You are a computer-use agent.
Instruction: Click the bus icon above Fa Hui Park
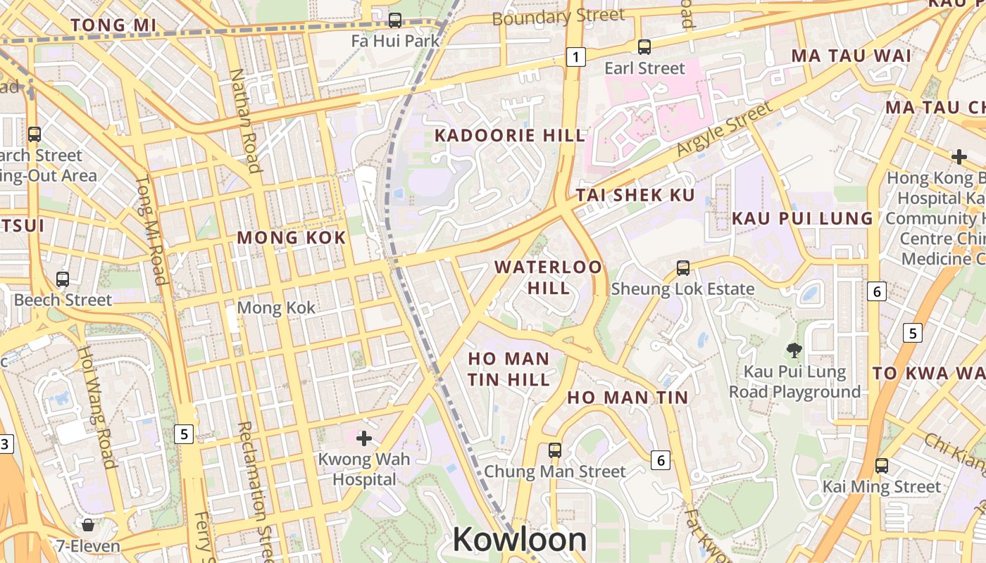point(395,20)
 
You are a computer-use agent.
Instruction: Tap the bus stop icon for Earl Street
point(644,47)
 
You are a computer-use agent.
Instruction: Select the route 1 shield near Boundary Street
point(576,57)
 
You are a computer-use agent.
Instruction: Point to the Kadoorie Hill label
point(509,135)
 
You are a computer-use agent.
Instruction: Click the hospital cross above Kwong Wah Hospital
point(364,439)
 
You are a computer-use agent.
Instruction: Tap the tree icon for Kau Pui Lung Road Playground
point(794,350)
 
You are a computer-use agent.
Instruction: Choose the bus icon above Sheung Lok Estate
point(682,268)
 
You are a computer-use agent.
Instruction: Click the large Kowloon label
point(520,540)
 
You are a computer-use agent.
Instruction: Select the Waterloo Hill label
point(549,277)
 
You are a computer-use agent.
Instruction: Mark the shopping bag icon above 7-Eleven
point(88,525)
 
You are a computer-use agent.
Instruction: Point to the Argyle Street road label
point(723,129)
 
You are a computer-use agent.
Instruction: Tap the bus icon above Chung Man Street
point(555,450)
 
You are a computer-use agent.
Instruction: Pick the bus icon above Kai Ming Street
point(882,465)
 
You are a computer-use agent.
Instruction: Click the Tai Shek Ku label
point(636,196)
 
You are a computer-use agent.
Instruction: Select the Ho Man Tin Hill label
point(508,369)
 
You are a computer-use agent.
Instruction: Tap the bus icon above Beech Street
point(63,279)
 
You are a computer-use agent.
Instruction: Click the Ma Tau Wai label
point(851,56)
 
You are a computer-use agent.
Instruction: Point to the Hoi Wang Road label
point(96,406)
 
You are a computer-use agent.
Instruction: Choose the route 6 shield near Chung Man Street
point(660,460)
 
